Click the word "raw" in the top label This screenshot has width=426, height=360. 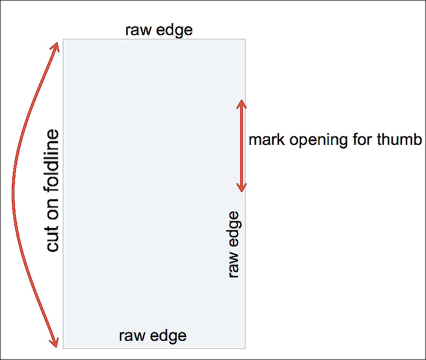pyautogui.click(x=138, y=30)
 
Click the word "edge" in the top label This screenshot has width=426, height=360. pyautogui.click(x=175, y=30)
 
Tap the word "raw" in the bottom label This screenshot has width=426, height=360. pyautogui.click(x=132, y=336)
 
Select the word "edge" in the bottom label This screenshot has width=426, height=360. pyautogui.click(x=168, y=336)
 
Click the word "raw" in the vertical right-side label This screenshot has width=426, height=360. pyautogui.click(x=234, y=265)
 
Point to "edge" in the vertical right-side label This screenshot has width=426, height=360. pyautogui.click(x=234, y=229)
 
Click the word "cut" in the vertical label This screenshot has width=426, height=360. pyautogui.click(x=53, y=239)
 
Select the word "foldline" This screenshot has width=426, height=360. pyautogui.click(x=52, y=161)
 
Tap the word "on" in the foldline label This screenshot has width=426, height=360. pyautogui.click(x=53, y=209)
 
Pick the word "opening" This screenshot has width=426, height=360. pyautogui.click(x=318, y=141)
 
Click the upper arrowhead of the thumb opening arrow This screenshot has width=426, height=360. pyautogui.click(x=241, y=103)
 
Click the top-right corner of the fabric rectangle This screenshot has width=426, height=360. pyautogui.click(x=245, y=39)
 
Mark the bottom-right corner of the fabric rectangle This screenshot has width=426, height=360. pyautogui.click(x=245, y=348)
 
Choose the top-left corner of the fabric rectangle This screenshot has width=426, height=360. pyautogui.click(x=63, y=39)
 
